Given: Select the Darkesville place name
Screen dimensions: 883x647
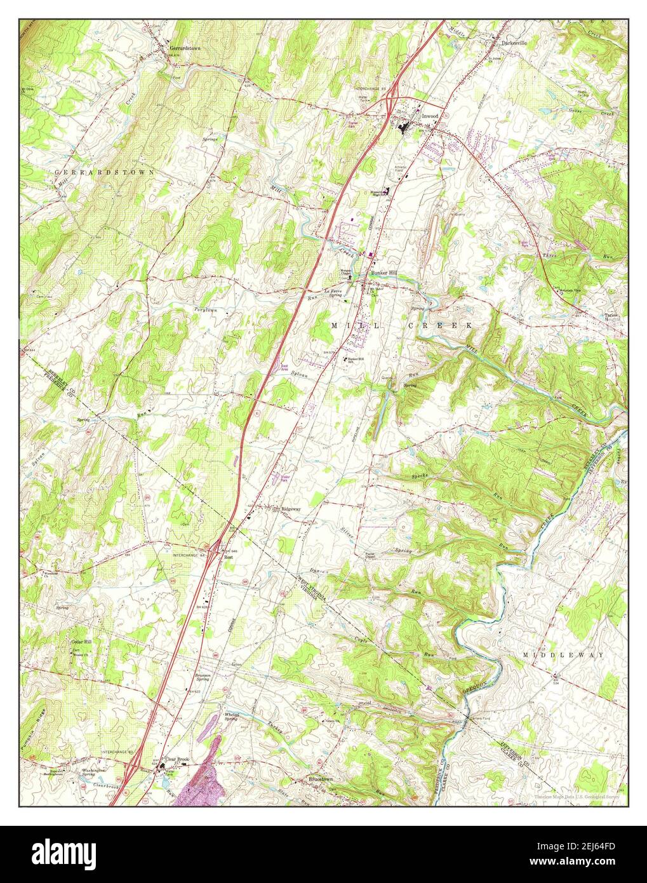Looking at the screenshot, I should pyautogui.click(x=514, y=43).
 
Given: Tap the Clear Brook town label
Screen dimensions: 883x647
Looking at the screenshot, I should pyautogui.click(x=178, y=759).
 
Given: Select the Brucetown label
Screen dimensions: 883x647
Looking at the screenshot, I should pyautogui.click(x=321, y=778).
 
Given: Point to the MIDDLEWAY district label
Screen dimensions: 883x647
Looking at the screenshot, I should pyautogui.click(x=563, y=654).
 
